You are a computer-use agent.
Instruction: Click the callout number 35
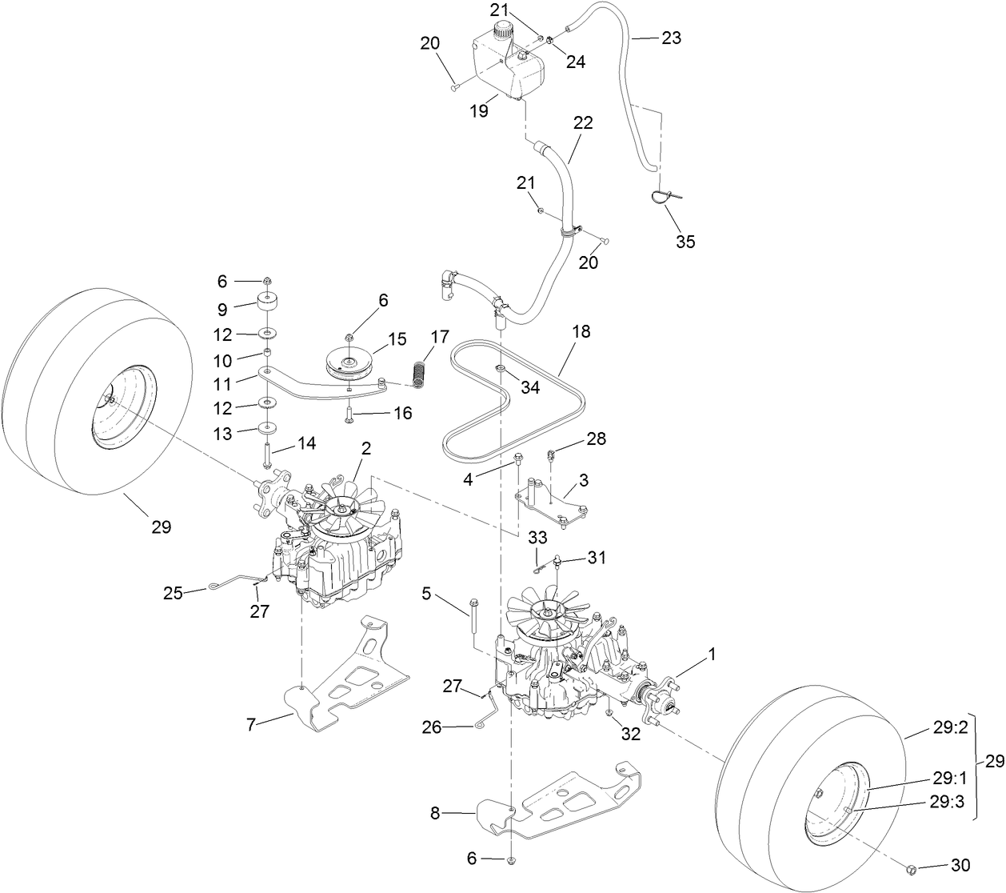coord(685,242)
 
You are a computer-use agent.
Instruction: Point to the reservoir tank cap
coord(504,31)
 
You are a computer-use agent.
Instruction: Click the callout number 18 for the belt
coord(581,331)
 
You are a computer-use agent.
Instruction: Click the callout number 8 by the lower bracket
coord(435,813)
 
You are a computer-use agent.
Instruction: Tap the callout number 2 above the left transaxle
coord(365,450)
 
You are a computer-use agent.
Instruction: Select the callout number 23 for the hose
coord(671,38)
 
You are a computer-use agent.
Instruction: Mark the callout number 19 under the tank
coord(479,112)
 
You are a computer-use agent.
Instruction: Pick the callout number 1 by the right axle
coord(712,655)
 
